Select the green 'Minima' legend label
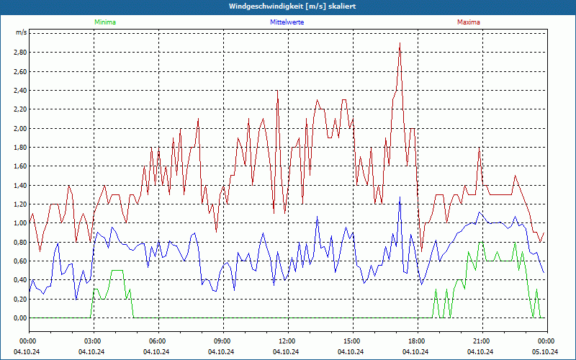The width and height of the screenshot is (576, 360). pyautogui.click(x=104, y=22)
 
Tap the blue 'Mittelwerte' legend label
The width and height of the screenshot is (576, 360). pyautogui.click(x=287, y=22)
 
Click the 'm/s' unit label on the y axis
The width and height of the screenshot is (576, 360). pyautogui.click(x=21, y=33)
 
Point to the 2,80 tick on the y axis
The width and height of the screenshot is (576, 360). pyautogui.click(x=19, y=53)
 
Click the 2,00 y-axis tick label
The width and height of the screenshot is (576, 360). pyautogui.click(x=19, y=128)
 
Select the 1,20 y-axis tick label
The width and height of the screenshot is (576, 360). pyautogui.click(x=19, y=204)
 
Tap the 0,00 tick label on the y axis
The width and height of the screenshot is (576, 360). pyautogui.click(x=19, y=318)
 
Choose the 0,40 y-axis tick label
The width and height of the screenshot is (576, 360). pyautogui.click(x=19, y=279)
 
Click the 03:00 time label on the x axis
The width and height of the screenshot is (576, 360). pyautogui.click(x=94, y=341)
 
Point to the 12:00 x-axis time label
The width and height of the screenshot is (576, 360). pyautogui.click(x=287, y=341)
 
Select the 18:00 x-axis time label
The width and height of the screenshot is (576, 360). pyautogui.click(x=417, y=341)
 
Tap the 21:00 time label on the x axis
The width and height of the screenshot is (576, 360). pyautogui.click(x=482, y=341)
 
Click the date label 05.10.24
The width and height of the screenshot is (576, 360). pyautogui.click(x=546, y=351)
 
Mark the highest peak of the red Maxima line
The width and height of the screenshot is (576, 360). pyautogui.click(x=399, y=43)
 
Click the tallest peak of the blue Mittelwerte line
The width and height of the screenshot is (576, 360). pyautogui.click(x=400, y=197)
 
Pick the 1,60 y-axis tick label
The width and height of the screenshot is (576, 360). pyautogui.click(x=19, y=166)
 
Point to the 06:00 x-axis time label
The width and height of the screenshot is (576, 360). pyautogui.click(x=158, y=341)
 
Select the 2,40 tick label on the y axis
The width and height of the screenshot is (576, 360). pyautogui.click(x=19, y=91)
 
